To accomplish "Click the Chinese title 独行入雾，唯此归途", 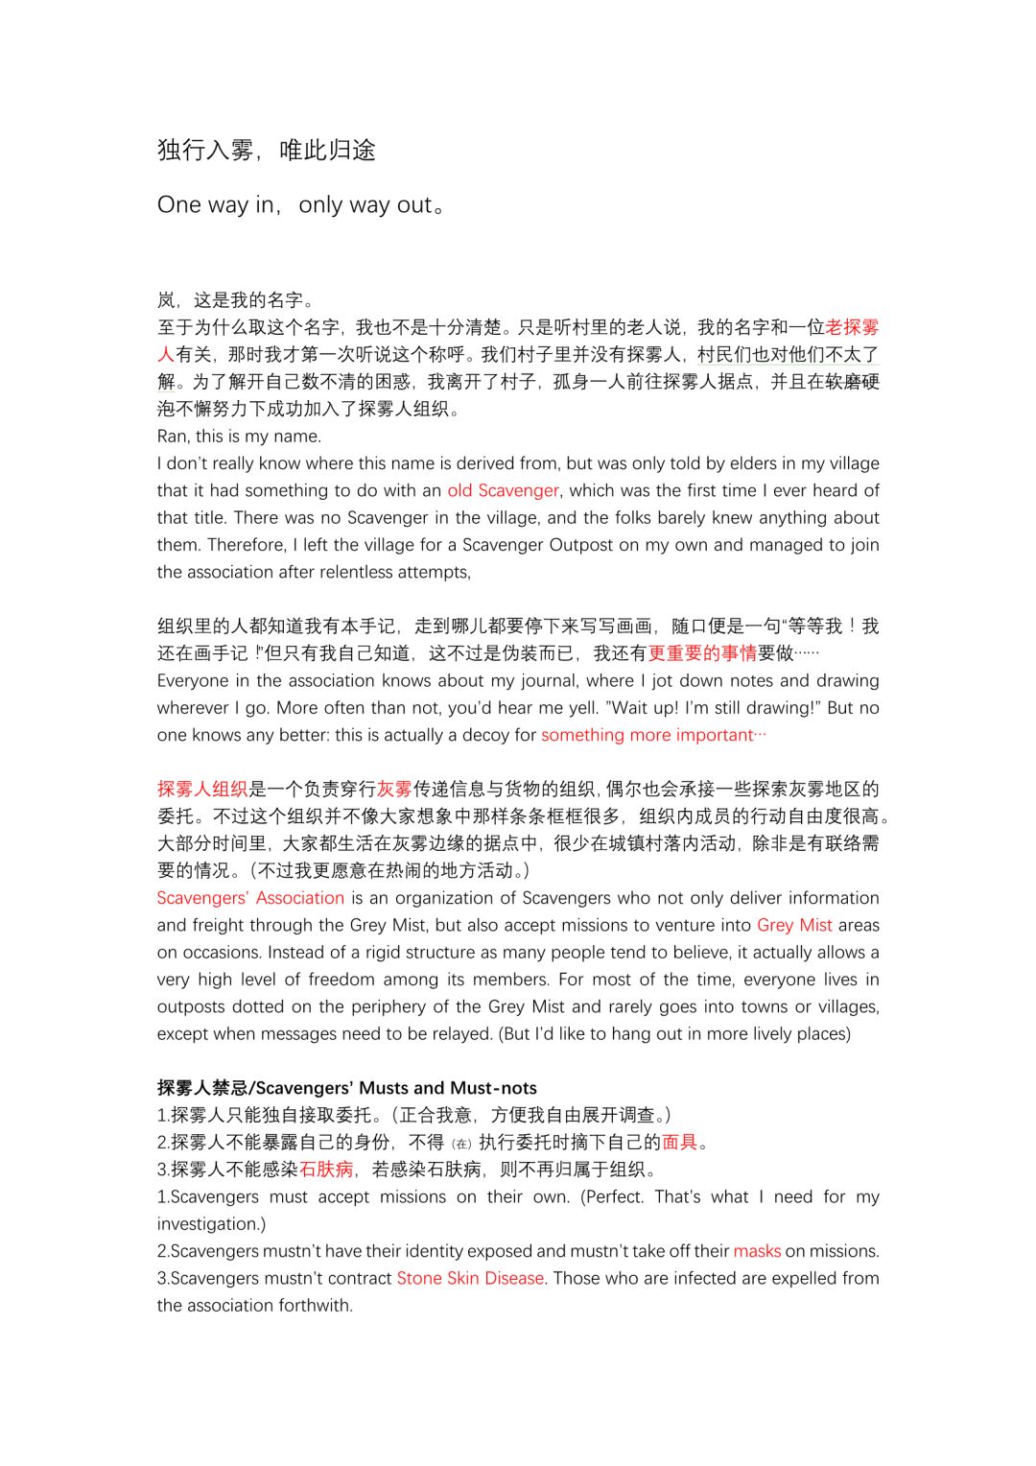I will pos(267,150).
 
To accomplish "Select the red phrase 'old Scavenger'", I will pos(503,490).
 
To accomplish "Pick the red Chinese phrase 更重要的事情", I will pos(702,653).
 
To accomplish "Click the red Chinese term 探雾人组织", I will pos(202,790).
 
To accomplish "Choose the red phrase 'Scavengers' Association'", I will pos(250,898).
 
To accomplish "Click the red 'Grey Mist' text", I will pos(794,925).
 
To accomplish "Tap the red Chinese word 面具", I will pos(679,1143).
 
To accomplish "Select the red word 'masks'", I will pos(757,1251).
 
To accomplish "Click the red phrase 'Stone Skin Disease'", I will pos(470,1278).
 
